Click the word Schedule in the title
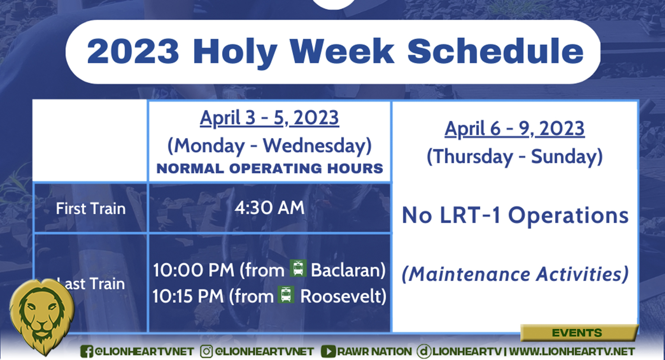[496, 51]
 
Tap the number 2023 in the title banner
[133, 51]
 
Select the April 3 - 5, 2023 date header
[269, 118]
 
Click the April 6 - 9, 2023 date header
[514, 129]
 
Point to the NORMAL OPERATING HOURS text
[270, 168]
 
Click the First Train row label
[90, 208]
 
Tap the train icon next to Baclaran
[298, 268]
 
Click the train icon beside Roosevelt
[286, 294]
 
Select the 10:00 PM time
[194, 270]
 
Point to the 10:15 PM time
[188, 296]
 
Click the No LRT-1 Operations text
[515, 215]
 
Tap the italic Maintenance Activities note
[515, 274]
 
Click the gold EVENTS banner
[579, 333]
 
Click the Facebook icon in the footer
[86, 352]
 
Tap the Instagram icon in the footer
[206, 352]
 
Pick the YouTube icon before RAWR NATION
[328, 352]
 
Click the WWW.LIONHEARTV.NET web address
[572, 352]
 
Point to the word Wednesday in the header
[317, 146]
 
